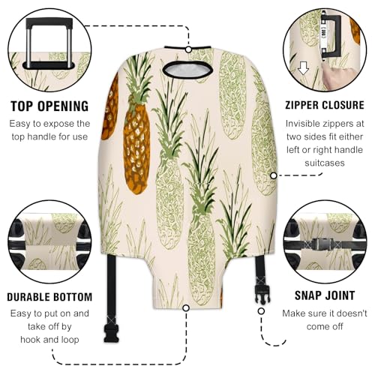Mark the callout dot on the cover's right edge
(274, 175)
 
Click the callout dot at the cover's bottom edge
(187, 307)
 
